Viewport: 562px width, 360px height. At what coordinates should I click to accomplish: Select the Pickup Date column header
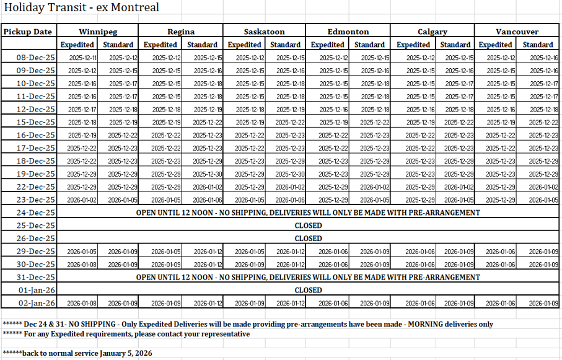pos(29,32)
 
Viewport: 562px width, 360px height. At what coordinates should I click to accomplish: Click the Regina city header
pos(181,32)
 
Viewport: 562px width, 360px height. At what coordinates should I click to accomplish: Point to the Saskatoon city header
pos(265,32)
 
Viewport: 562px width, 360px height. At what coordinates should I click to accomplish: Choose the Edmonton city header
pos(348,32)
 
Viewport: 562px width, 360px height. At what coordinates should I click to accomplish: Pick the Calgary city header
pos(432,32)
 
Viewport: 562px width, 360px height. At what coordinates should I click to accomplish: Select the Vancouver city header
pos(517,32)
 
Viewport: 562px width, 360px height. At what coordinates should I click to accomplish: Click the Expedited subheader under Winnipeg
pos(77,45)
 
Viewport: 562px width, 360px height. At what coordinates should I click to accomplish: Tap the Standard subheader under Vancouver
pos(537,45)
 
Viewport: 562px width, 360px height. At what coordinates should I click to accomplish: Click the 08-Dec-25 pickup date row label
pos(36,58)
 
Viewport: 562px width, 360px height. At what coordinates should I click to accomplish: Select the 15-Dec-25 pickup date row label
pos(36,122)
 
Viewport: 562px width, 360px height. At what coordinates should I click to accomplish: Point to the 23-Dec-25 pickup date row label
pos(36,200)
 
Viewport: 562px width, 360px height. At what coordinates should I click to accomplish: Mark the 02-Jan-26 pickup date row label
pos(36,303)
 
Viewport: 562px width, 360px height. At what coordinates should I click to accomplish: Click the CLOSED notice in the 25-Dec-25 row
pos(308,226)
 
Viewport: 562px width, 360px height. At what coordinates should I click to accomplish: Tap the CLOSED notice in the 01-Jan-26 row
pos(308,290)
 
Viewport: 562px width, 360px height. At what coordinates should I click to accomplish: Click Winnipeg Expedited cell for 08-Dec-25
pos(82,58)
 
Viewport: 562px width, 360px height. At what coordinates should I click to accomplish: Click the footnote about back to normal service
pos(77,353)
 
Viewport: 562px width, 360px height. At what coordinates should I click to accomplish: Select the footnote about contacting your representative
pos(126,334)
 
